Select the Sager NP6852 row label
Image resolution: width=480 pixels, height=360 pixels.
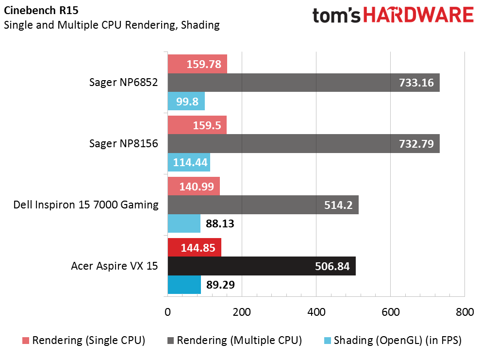(124, 82)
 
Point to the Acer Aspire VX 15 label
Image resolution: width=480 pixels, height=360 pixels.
(115, 266)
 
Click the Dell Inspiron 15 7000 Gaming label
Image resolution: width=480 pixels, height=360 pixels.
(86, 205)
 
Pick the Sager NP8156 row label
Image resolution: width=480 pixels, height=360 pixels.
(124, 143)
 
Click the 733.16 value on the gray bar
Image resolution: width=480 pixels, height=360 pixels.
(416, 83)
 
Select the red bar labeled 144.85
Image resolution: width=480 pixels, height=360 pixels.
(194, 247)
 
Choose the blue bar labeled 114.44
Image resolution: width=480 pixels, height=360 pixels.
(189, 162)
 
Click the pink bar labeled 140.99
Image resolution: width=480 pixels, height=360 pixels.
(193, 186)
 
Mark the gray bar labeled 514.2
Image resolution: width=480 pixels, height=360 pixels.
(263, 205)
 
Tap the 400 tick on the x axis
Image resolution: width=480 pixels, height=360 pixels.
(316, 312)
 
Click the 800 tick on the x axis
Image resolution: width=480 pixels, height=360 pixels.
(464, 312)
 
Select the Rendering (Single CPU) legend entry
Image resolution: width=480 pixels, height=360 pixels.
(84, 341)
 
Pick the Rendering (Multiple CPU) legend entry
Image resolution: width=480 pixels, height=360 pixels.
(234, 341)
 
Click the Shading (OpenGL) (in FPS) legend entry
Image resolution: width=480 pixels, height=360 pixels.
(391, 341)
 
